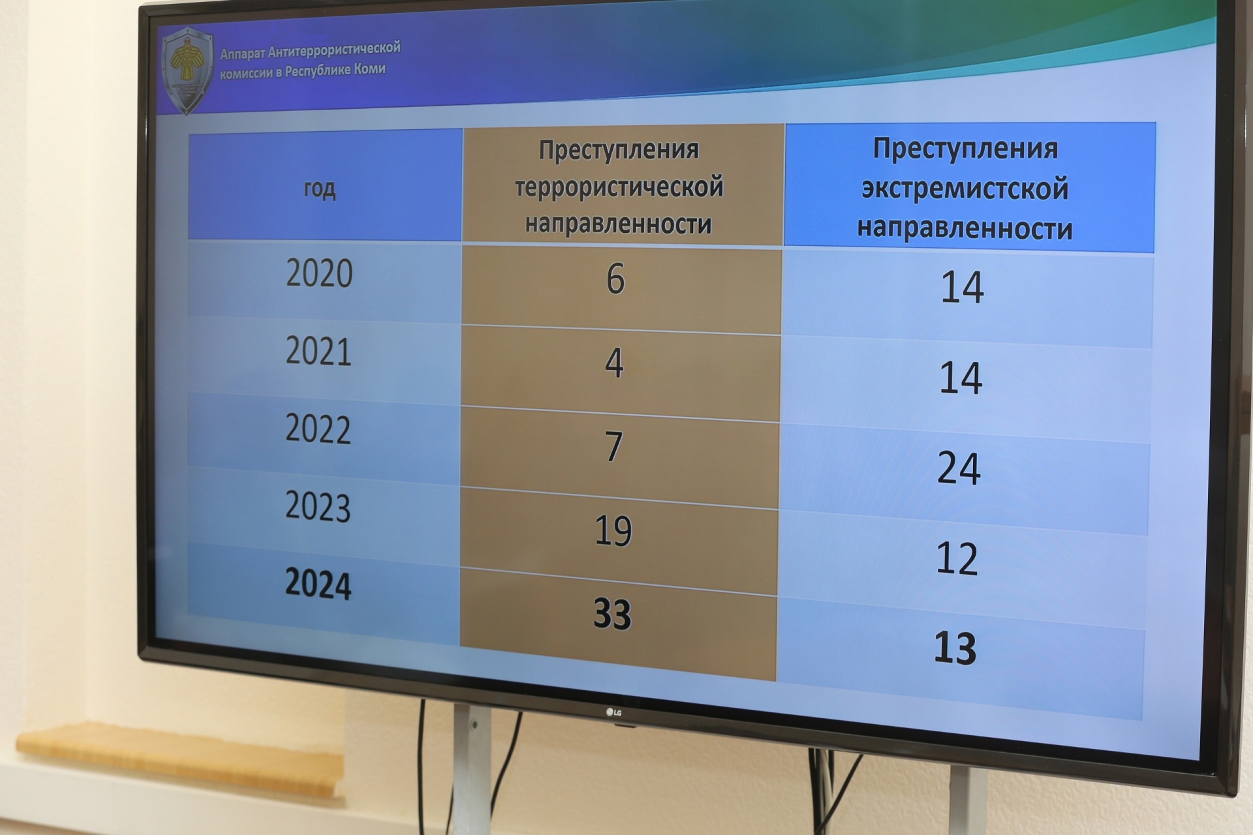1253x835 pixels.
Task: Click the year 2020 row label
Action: coord(320,273)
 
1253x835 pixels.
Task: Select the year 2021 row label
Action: coord(318,352)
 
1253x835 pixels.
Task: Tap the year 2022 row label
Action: coord(318,429)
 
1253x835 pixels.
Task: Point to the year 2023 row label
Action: coord(318,507)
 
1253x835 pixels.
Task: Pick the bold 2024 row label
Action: coord(318,584)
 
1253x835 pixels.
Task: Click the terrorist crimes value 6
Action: coord(615,279)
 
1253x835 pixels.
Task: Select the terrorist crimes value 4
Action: coord(614,363)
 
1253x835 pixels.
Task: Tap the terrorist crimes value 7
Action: coord(613,448)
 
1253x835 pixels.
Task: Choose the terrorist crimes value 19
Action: coord(613,531)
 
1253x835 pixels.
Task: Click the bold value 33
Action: coord(612,614)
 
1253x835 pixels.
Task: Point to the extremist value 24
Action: coord(959,468)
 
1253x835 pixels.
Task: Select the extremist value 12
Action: coord(957,558)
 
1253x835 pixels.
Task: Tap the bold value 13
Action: coord(955,648)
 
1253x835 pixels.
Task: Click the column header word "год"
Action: coord(320,189)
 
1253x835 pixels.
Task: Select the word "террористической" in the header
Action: coord(619,187)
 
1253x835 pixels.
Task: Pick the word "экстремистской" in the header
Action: coord(965,189)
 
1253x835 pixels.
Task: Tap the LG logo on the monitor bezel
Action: coord(614,712)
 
